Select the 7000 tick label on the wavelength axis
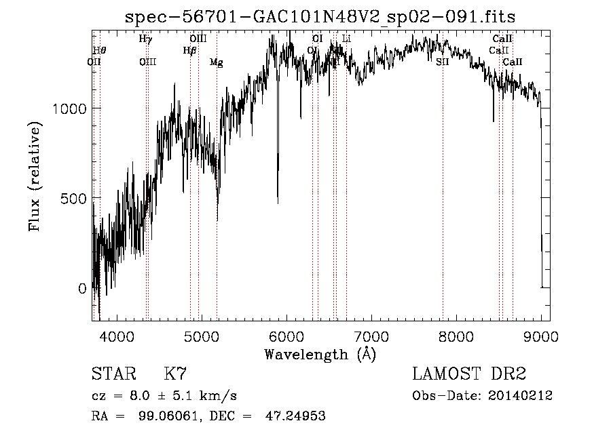[371, 336]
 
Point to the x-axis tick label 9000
[541, 336]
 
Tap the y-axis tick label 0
[81, 288]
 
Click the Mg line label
[216, 62]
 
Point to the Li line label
[346, 39]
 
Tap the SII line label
[443, 62]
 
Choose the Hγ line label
[145, 39]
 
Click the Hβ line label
[190, 50]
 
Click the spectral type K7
[175, 374]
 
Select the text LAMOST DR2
[469, 374]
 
